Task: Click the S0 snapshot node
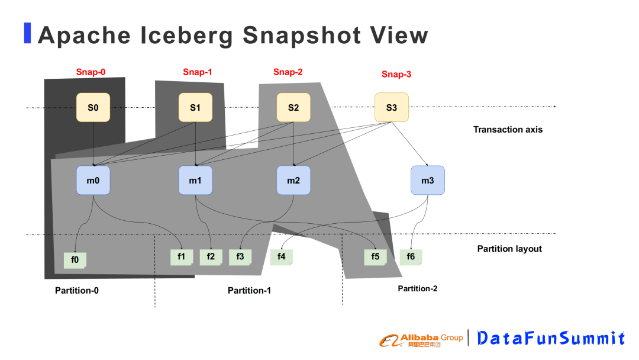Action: tap(93, 107)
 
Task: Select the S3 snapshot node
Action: tap(391, 107)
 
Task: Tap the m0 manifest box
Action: tap(93, 181)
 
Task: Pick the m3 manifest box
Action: tap(427, 181)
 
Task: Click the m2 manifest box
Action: tap(293, 181)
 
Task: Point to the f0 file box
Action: tap(75, 260)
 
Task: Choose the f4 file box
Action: tap(282, 257)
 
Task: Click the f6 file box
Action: tap(411, 257)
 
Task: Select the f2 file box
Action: tap(211, 257)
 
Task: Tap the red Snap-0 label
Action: tap(91, 72)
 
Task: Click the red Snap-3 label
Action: tap(396, 74)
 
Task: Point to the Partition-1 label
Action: tap(249, 290)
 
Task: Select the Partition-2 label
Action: tap(417, 288)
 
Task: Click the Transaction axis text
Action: tap(508, 129)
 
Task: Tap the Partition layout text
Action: tap(509, 249)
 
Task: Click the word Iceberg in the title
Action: tap(188, 36)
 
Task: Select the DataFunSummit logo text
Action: tap(550, 338)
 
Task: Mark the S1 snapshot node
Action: tap(195, 107)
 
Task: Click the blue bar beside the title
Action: tap(27, 33)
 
